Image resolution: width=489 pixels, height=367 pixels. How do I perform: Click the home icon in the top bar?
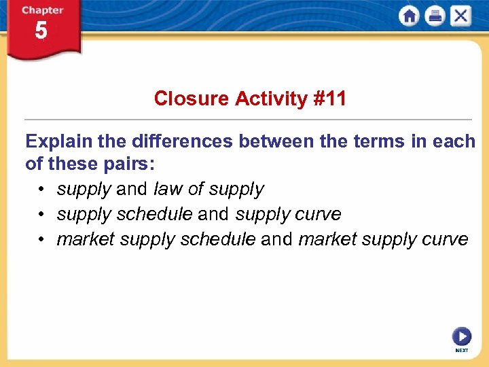coord(410,16)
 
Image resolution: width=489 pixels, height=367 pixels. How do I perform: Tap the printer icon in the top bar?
coord(435,16)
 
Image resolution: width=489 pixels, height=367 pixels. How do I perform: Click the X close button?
coord(460,16)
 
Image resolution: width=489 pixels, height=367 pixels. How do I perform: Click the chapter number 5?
coord(41,31)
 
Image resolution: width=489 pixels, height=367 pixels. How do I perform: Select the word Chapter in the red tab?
coord(42,10)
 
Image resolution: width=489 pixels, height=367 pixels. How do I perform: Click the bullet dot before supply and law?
coord(41,190)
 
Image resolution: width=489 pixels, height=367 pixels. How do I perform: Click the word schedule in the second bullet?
coord(154,214)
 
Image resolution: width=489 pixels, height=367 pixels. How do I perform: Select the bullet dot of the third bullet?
coord(41,240)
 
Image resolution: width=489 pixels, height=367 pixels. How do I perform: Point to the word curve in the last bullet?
coord(448,239)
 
